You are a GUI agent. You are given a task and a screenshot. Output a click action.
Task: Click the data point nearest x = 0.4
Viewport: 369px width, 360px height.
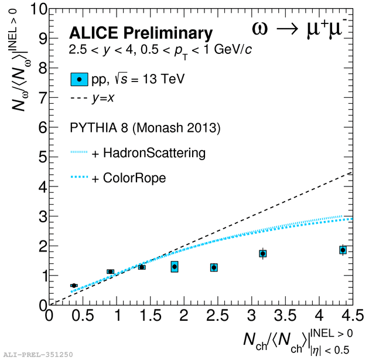coord(74,286)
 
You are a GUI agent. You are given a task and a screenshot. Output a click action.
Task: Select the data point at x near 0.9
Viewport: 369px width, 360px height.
coord(110,271)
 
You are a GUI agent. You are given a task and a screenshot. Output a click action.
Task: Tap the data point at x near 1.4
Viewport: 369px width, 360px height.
coord(142,267)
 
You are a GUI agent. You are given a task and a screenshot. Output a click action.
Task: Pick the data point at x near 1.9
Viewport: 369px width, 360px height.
coord(175,267)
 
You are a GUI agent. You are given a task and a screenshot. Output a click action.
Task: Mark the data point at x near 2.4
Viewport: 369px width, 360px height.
coord(214,267)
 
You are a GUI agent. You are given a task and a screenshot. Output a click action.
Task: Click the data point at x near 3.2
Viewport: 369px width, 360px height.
coord(263,253)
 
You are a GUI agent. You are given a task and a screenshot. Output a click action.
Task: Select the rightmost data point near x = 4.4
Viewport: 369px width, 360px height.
coord(343,250)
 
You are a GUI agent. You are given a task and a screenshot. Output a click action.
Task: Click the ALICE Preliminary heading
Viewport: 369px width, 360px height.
coord(141,33)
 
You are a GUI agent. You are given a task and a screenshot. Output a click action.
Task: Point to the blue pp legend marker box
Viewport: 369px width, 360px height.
coord(79,79)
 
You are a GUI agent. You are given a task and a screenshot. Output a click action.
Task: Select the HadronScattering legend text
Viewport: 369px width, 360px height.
coord(155,154)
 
